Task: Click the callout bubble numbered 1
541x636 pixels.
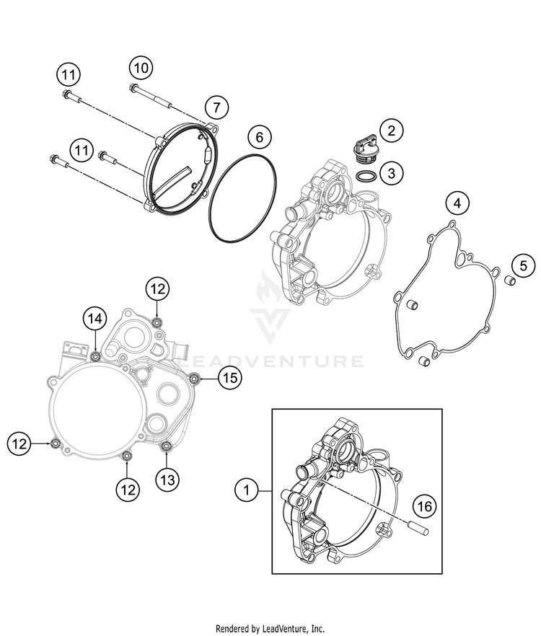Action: tap(247, 491)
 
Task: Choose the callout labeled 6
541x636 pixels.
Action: tap(260, 136)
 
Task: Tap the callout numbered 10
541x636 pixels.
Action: tap(141, 68)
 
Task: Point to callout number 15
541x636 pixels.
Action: tap(229, 376)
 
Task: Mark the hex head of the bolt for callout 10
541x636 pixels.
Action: tap(133, 89)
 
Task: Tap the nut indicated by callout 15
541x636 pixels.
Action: tap(193, 376)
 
